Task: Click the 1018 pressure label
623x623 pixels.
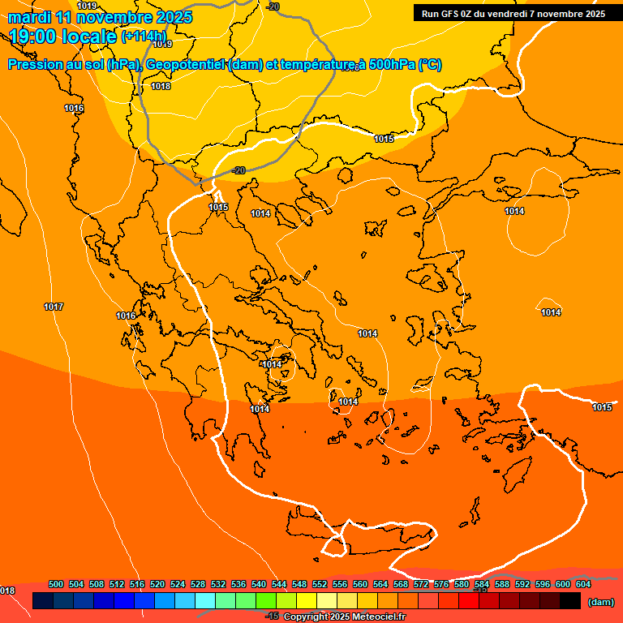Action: click(161, 86)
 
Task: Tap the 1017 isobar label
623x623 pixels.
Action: click(54, 307)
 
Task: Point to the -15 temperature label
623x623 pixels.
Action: click(273, 617)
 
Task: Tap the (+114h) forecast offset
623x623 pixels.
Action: click(144, 37)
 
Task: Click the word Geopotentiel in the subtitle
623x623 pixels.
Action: click(186, 65)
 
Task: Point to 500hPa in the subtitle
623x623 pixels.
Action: click(392, 65)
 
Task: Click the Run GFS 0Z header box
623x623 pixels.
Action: click(513, 14)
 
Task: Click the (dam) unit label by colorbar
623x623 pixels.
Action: click(600, 602)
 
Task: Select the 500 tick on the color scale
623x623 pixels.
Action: click(56, 584)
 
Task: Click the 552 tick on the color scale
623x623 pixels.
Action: click(320, 584)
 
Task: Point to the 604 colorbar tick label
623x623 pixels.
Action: click(583, 584)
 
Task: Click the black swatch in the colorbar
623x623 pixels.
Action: click(569, 601)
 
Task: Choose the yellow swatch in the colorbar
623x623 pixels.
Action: click(306, 601)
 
